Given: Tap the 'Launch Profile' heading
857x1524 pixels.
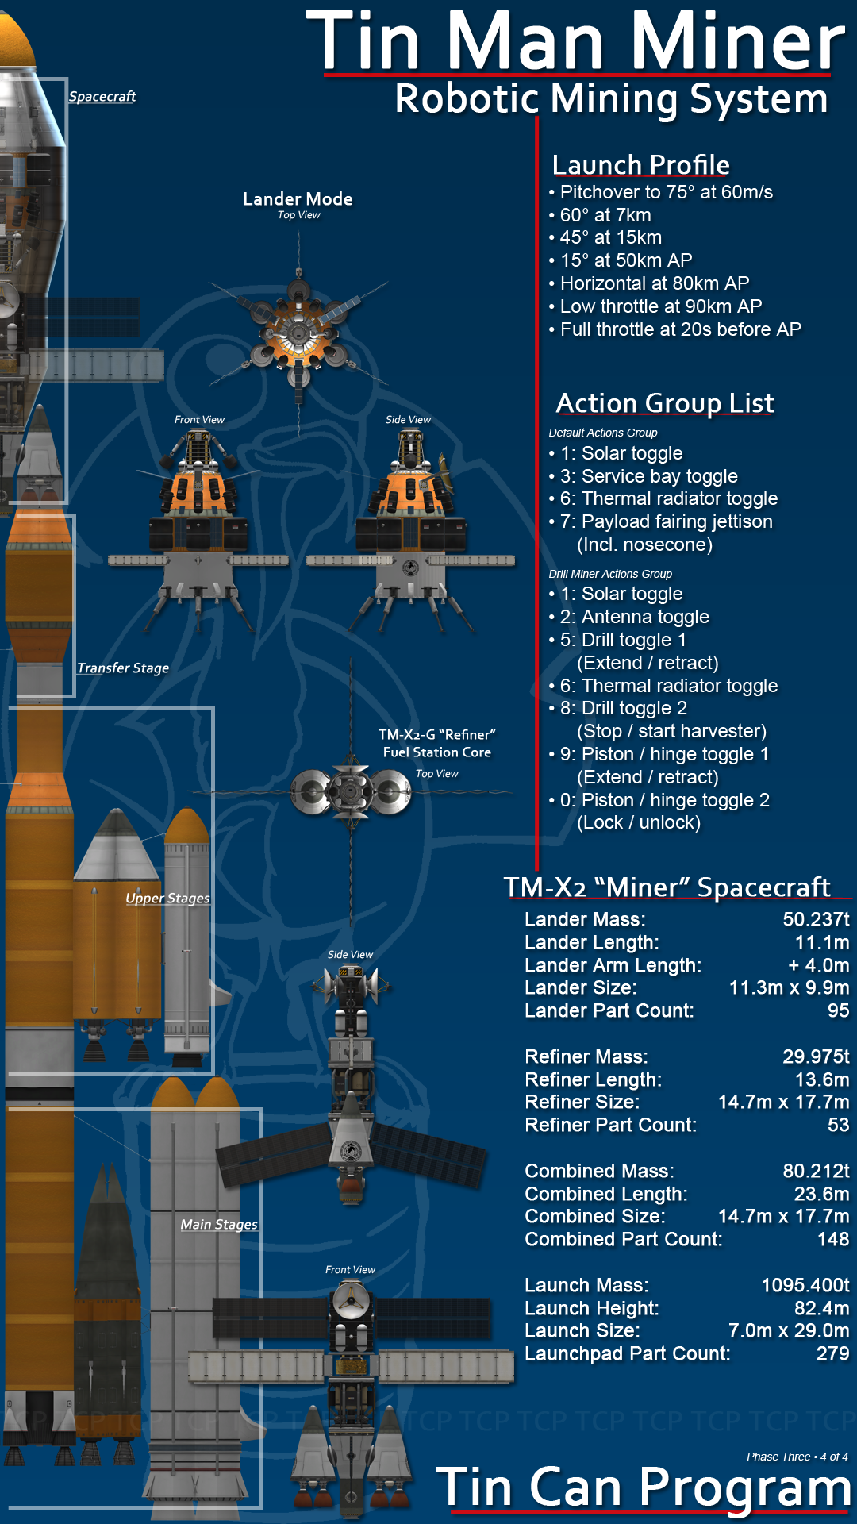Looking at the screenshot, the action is (641, 164).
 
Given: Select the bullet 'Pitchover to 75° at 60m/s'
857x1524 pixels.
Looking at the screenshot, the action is (661, 192).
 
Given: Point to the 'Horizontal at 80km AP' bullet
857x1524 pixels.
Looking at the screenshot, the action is (649, 283).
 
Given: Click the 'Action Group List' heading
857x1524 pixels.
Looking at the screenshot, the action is (665, 402).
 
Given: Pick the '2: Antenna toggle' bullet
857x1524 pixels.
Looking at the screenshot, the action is (628, 617).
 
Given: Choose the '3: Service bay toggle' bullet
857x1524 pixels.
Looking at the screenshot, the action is (644, 476).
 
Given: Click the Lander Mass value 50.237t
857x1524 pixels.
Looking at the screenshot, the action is (816, 919).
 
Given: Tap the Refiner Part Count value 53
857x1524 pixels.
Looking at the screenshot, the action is (838, 1125).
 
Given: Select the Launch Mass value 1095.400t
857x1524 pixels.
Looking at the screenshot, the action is (805, 1285).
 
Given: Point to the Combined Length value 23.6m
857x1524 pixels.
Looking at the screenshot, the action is (821, 1194).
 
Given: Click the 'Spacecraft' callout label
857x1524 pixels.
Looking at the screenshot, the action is (102, 97).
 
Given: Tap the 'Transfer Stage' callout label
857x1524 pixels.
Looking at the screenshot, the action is (123, 668).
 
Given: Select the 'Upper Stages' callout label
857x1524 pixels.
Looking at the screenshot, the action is (167, 899).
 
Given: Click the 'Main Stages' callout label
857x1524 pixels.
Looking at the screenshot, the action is (219, 1225).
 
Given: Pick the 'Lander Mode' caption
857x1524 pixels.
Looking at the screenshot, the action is (298, 199).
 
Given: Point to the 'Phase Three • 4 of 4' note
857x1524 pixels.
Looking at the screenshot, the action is (797, 1457).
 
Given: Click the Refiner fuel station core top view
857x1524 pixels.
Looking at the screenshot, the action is (351, 791).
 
